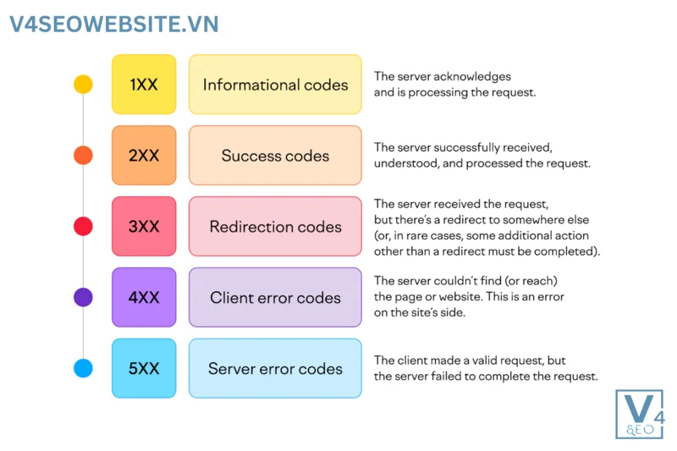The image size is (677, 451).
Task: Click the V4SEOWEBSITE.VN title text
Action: [113, 24]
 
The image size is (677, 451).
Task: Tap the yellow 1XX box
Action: [144, 85]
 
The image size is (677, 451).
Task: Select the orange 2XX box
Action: [144, 156]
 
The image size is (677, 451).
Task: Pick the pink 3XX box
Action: [144, 227]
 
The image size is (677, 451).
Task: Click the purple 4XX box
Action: [144, 298]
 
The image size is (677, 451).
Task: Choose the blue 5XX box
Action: [144, 369]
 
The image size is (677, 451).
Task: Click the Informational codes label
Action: [275, 85]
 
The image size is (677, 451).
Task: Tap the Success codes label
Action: [275, 156]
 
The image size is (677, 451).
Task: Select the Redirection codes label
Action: [275, 227]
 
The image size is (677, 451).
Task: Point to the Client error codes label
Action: [275, 298]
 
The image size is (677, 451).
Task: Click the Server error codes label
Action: [275, 369]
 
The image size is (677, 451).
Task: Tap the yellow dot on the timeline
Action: [83, 85]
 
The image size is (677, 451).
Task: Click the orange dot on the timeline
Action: [83, 156]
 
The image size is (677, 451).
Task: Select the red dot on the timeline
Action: [83, 227]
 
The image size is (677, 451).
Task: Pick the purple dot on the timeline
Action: [83, 297]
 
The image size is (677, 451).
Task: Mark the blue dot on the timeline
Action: [83, 369]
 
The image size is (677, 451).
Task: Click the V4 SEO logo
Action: [640, 415]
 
